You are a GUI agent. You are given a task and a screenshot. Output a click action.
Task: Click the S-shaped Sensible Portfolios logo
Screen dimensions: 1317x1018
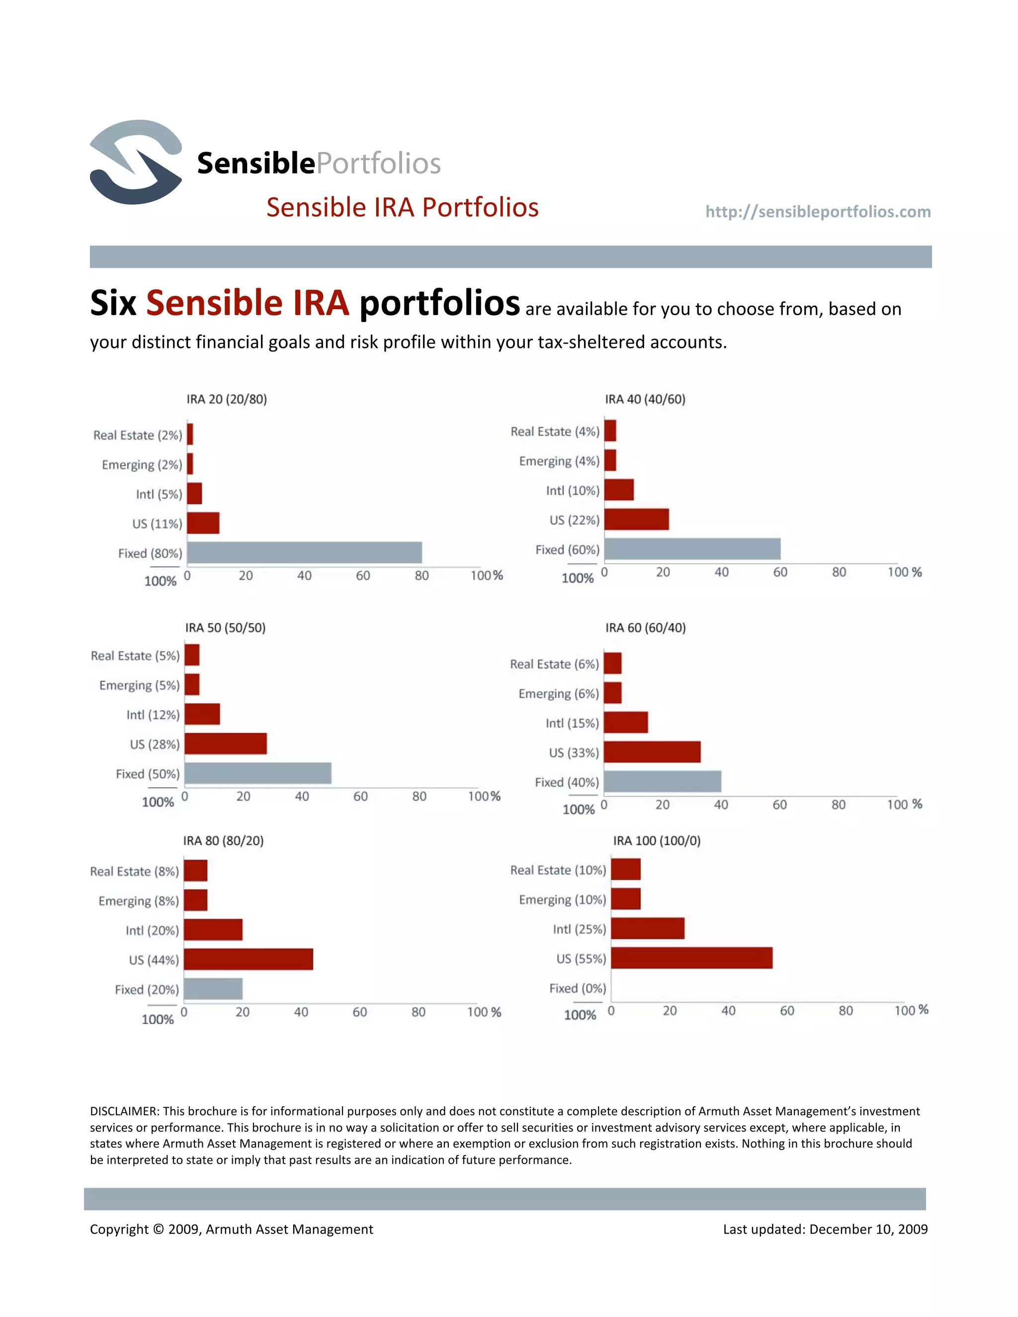coord(136,162)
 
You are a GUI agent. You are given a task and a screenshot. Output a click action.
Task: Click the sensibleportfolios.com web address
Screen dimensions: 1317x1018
coord(818,212)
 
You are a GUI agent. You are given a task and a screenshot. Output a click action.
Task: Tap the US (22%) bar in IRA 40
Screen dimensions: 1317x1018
coord(636,519)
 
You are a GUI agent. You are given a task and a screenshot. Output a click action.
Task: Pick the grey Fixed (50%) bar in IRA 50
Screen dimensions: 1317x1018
coord(257,773)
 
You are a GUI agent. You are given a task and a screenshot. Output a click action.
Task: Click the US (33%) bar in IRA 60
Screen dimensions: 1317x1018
coord(652,752)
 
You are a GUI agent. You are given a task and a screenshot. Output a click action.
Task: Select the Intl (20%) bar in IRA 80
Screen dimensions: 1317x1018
coord(213,929)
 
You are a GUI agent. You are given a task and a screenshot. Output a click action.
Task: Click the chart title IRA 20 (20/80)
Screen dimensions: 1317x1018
coord(226,399)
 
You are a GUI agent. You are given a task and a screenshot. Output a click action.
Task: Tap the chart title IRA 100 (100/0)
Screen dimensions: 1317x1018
coord(657,840)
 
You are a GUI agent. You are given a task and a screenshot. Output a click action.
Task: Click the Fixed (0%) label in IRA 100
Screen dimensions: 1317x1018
coord(577,988)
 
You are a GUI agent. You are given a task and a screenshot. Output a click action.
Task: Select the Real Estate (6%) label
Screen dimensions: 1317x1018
coord(554,664)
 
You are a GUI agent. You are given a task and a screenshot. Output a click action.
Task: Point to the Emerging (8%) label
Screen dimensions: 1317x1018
coord(139,901)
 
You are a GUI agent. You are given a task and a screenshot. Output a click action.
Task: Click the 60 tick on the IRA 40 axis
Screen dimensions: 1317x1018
coord(780,572)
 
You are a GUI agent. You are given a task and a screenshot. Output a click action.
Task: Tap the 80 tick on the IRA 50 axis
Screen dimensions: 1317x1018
coord(419,797)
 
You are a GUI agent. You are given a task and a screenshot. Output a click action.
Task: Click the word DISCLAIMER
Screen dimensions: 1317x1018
coord(124,1111)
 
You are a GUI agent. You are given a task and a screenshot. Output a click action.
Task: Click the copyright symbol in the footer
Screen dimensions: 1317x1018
coord(158,1229)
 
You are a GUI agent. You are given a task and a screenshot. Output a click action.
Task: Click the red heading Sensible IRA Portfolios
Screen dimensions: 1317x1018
coord(402,207)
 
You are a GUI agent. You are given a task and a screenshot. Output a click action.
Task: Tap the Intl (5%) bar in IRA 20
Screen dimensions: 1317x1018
coord(194,494)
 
